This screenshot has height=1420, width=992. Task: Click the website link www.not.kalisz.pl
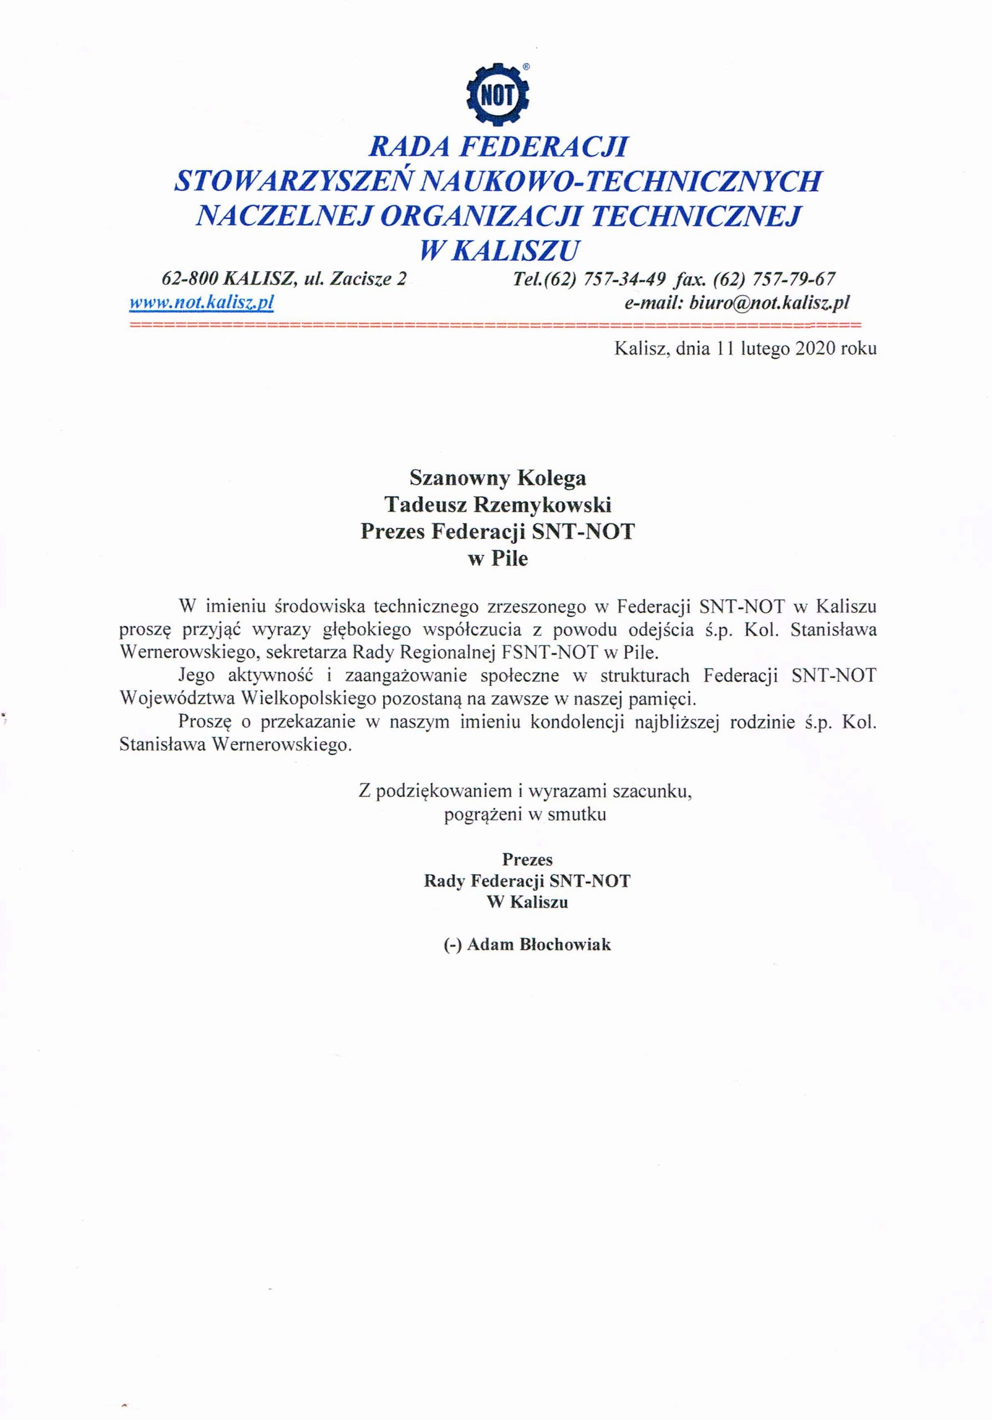point(201,302)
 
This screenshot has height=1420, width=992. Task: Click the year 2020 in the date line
point(816,349)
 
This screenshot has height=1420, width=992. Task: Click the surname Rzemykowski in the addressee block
point(542,505)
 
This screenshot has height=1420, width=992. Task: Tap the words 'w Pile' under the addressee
point(497,559)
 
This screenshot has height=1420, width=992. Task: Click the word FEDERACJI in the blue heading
point(544,146)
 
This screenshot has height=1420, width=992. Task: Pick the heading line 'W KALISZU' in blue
point(500,250)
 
